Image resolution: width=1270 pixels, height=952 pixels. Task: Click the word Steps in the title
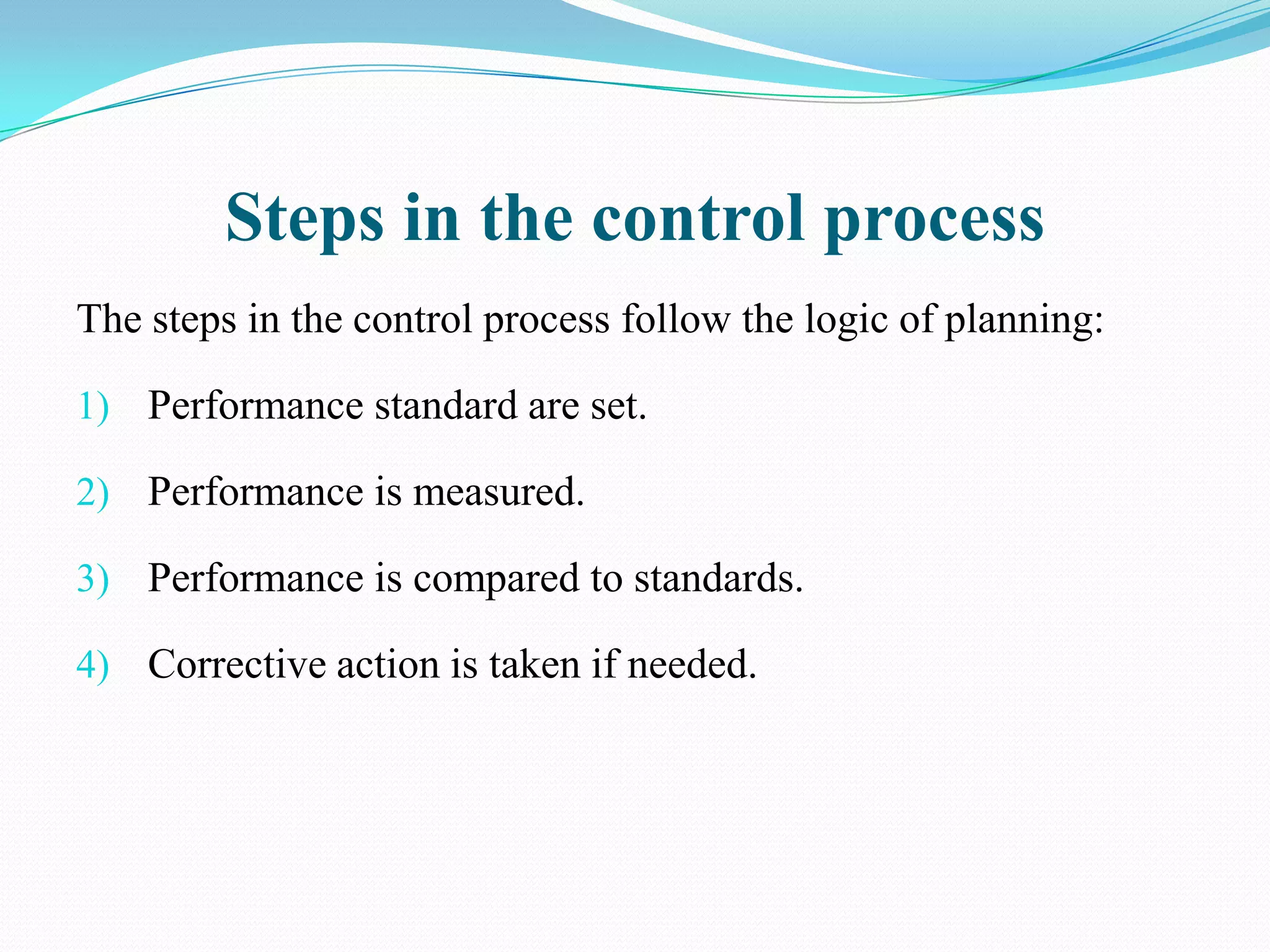pos(304,219)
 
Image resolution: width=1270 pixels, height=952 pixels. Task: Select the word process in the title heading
pos(934,219)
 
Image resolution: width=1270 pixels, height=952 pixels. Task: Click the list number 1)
pos(93,407)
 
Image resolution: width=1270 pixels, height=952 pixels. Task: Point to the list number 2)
pos(93,493)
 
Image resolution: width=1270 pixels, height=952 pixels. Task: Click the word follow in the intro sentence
pos(677,320)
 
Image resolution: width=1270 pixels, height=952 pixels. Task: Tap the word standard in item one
pos(446,406)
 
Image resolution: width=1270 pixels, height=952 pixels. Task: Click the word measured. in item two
pos(499,492)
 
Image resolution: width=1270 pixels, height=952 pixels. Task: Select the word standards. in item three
pos(718,578)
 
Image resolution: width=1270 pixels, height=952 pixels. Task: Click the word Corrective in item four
pos(237,664)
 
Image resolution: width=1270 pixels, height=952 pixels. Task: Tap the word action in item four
pos(388,664)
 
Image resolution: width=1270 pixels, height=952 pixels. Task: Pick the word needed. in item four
pos(692,664)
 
